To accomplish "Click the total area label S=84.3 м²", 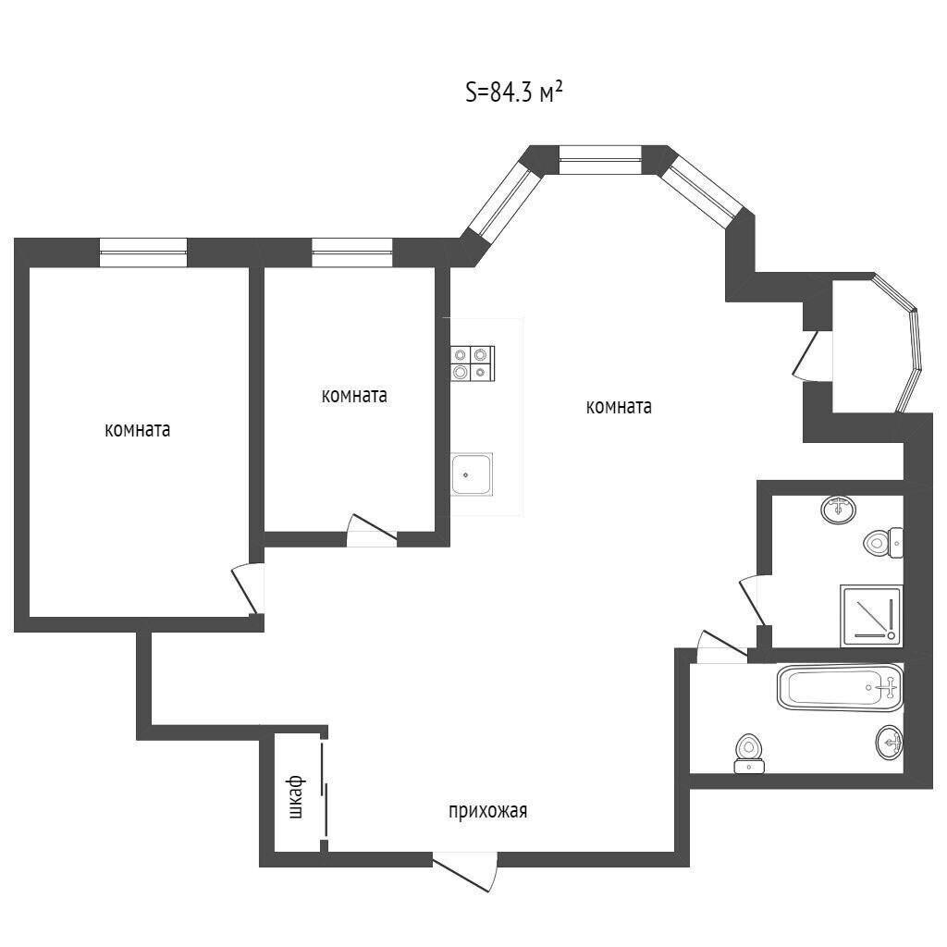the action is pos(514,93).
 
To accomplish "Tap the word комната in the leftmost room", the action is pos(138,430).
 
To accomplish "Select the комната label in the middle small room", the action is pos(354,396).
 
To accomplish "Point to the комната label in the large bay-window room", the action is pos(619,407).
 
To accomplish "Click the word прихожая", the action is pos(488,811).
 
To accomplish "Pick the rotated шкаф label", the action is pos(296,797).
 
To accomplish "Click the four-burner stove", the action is pos(473,363).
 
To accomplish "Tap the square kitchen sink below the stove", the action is pos(472,474).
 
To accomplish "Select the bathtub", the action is pos(840,687).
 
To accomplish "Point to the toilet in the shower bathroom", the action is pos(883,542).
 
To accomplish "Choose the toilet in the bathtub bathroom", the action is pos(749,754).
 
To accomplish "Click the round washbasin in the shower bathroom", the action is pos(839,510).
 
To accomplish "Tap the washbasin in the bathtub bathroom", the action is pos(889,742).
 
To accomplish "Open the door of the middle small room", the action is pos(372,531).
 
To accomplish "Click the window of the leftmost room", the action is pos(143,252).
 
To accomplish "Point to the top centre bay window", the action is pos(599,160).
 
